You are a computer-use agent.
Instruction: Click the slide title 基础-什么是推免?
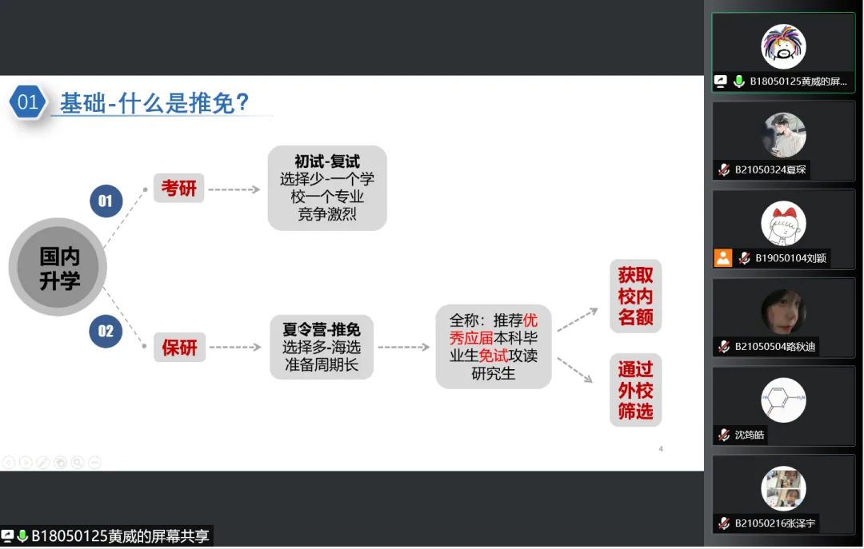[x=154, y=103]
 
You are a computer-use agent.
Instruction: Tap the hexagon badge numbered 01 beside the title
[x=27, y=101]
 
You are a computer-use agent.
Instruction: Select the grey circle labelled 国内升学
[x=58, y=267]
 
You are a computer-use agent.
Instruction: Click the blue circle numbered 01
[x=106, y=201]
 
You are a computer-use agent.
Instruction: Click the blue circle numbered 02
[x=106, y=331]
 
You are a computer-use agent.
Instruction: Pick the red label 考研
[x=178, y=189]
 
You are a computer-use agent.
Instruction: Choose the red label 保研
[x=180, y=347]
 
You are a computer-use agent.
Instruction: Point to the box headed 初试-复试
[x=327, y=188]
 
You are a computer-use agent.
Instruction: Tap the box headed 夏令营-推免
[x=322, y=347]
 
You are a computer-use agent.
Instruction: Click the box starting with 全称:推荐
[x=494, y=347]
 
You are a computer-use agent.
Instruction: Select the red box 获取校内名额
[x=635, y=296]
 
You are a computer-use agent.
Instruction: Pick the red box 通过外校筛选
[x=635, y=390]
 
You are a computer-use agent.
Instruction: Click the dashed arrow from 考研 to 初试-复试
[x=234, y=189]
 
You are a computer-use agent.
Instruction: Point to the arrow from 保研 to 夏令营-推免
[x=235, y=347]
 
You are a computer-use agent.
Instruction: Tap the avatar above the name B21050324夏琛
[x=783, y=135]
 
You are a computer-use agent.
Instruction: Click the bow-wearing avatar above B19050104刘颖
[x=783, y=224]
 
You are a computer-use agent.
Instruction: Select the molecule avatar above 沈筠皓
[x=783, y=400]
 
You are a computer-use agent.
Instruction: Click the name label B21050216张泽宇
[x=774, y=523]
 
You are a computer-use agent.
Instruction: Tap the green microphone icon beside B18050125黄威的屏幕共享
[x=22, y=535]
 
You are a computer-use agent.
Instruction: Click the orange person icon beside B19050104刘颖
[x=723, y=257]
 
